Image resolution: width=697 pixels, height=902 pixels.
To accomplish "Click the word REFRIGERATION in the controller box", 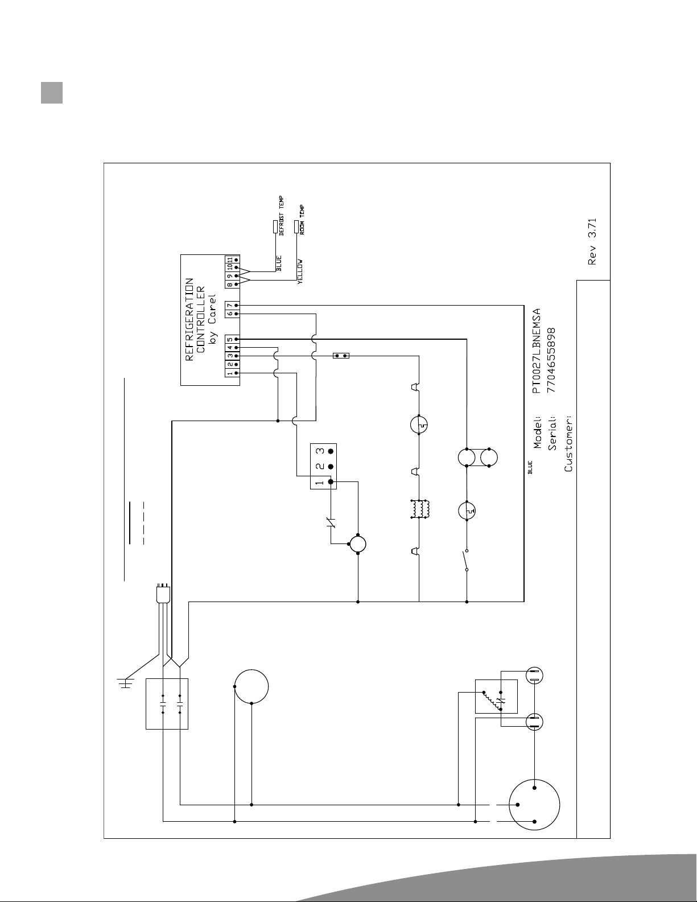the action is [x=189, y=319].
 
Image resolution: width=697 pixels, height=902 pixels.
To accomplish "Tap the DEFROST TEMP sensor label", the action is [x=282, y=216].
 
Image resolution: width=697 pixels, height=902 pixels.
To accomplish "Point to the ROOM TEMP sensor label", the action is [x=302, y=220].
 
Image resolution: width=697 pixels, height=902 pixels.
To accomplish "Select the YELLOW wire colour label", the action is [x=300, y=272].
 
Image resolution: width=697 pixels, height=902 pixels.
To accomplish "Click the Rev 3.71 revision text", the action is [x=592, y=242].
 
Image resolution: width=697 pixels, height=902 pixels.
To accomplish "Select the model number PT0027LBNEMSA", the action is [x=537, y=351].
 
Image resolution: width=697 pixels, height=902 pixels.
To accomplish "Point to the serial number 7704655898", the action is [x=551, y=360].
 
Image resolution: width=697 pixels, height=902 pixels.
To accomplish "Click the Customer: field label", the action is [x=568, y=443].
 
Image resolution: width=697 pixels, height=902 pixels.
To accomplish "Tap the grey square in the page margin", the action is [x=51, y=93].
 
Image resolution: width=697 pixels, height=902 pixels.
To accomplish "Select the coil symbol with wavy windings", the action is [x=420, y=509].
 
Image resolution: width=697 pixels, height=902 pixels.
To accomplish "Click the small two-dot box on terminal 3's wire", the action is [x=341, y=356].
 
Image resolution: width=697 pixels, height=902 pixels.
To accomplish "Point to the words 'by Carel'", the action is [x=212, y=319].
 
